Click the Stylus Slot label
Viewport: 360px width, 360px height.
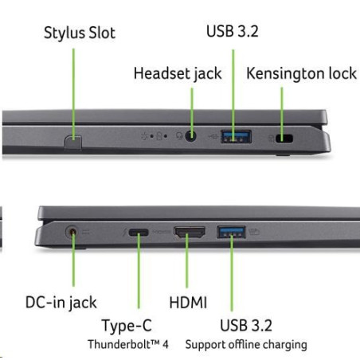(80, 33)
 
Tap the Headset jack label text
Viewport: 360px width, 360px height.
(178, 73)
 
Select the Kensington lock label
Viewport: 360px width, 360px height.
(301, 73)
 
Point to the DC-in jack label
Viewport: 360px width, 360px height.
(61, 303)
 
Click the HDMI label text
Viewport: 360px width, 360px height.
(188, 303)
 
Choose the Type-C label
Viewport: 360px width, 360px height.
(127, 326)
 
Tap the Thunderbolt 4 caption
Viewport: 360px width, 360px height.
(128, 344)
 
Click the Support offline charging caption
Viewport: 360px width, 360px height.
(246, 345)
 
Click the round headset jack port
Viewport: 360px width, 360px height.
(190, 136)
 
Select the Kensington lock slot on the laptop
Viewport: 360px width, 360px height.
(284, 139)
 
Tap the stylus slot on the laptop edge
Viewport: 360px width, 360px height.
(72, 143)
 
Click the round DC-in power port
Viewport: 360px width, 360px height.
(72, 232)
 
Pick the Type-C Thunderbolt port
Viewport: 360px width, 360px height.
(139, 233)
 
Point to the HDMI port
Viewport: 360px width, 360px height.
(190, 232)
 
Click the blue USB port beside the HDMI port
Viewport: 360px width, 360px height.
(231, 232)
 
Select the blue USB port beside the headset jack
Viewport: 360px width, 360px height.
(236, 136)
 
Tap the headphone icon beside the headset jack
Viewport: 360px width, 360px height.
(179, 136)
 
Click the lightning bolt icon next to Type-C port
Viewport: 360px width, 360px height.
(124, 233)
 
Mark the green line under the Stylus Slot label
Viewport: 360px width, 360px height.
(73, 93)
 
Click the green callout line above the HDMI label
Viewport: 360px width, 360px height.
(187, 260)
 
